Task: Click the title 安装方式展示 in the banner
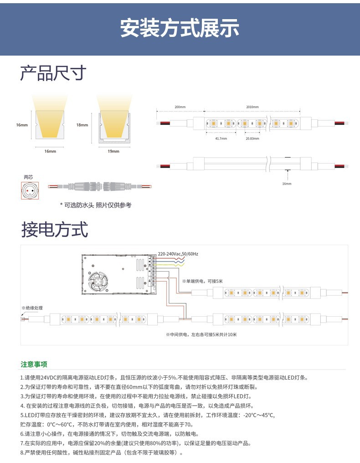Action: pyautogui.click(x=180, y=28)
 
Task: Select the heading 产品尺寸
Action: pyautogui.click(x=53, y=73)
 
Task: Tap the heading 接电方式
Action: pyautogui.click(x=54, y=230)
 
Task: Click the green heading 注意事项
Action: pyautogui.click(x=34, y=365)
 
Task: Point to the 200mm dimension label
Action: pyautogui.click(x=180, y=107)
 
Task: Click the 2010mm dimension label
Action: pyautogui.click(x=252, y=107)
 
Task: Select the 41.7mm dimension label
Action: pyautogui.click(x=221, y=138)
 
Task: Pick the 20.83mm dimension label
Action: pyautogui.click(x=252, y=138)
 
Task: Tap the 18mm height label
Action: pyautogui.click(x=82, y=125)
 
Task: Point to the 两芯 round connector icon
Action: pyautogui.click(x=30, y=190)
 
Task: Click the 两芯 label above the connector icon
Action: pyautogui.click(x=28, y=177)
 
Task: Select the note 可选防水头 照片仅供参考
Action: pyautogui.click(x=96, y=206)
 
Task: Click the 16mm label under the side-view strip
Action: pyautogui.click(x=287, y=184)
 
